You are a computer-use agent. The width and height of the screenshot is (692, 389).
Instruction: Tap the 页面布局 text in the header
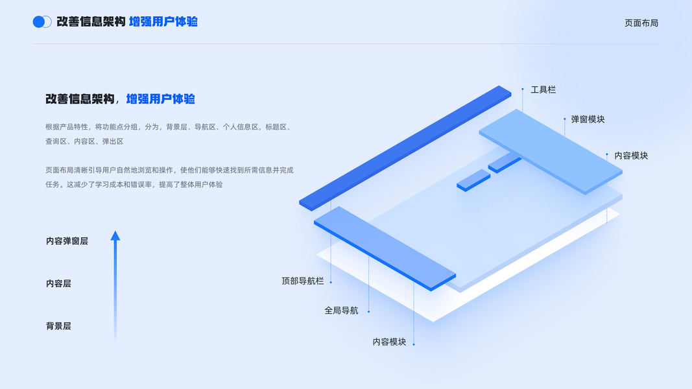pos(641,23)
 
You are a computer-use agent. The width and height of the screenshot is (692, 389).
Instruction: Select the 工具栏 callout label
pos(543,89)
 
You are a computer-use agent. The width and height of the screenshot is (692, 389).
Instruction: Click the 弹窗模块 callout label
pos(588,119)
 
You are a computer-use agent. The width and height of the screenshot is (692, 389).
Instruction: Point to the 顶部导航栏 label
pos(302,281)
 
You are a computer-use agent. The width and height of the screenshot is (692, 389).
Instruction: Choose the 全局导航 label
pos(341,311)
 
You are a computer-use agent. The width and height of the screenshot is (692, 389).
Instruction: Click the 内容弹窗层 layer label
pos(67,241)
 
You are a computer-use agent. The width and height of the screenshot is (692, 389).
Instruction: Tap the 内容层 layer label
pos(58,283)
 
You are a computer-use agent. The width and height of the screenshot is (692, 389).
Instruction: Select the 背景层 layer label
pos(58,326)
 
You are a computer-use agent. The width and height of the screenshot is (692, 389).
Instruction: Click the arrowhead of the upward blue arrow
pos(115,236)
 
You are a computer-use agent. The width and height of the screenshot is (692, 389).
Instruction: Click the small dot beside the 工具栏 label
pos(523,89)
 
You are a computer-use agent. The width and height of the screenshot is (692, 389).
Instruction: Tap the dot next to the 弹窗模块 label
pos(565,119)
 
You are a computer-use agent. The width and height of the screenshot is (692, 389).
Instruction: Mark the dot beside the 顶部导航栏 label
pos(331,282)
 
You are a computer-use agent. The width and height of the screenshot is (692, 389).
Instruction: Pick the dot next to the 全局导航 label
pos(368,312)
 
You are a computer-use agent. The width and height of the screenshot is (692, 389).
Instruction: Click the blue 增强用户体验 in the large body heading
pos(160,99)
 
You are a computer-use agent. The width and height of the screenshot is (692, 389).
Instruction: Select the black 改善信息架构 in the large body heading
pos(80,99)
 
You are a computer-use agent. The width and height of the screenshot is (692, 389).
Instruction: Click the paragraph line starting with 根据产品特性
pos(167,127)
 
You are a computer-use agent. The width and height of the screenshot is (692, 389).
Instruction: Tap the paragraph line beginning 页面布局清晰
pos(169,170)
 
